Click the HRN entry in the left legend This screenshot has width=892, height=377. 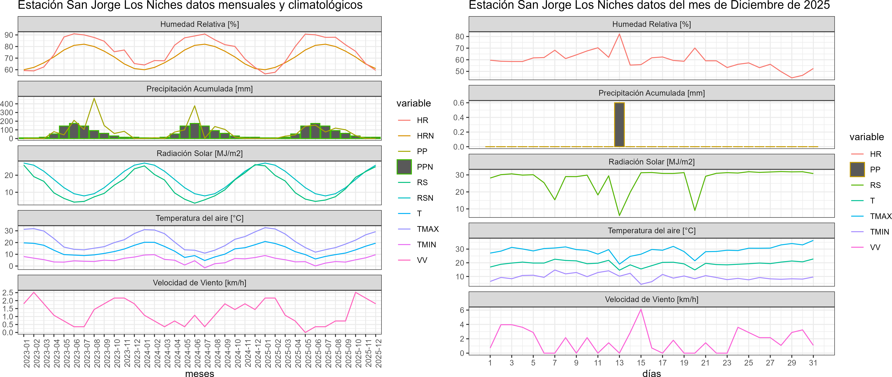[425, 136]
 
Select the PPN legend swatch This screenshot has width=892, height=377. [404, 167]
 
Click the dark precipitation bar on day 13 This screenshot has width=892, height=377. [619, 125]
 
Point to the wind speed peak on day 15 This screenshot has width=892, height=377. [641, 309]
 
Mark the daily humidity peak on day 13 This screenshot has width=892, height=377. [619, 34]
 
